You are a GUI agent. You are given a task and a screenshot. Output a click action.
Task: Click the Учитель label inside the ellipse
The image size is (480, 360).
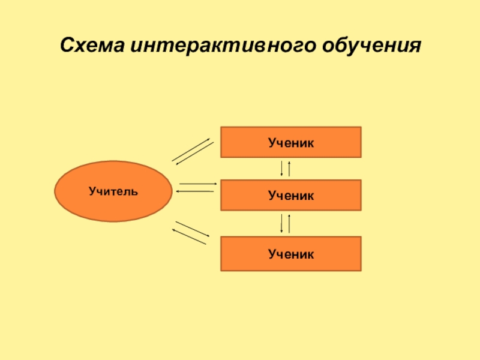113,192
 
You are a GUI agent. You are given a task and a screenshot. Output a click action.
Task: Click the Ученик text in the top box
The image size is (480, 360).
291,142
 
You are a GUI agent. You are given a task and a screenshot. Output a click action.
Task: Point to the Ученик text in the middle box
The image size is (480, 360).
291,195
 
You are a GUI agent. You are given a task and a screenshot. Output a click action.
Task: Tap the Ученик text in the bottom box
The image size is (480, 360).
291,254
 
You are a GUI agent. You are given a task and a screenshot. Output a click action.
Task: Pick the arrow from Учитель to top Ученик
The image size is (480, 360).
191,149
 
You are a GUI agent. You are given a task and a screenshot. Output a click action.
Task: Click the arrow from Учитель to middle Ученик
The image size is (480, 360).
197,184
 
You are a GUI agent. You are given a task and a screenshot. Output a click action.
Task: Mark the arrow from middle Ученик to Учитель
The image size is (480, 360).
195,191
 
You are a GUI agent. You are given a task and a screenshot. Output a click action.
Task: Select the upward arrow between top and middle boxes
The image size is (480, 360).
290,168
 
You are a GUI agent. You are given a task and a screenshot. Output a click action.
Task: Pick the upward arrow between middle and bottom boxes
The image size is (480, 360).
290,223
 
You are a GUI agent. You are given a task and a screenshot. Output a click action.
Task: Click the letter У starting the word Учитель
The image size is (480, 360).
92,192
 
